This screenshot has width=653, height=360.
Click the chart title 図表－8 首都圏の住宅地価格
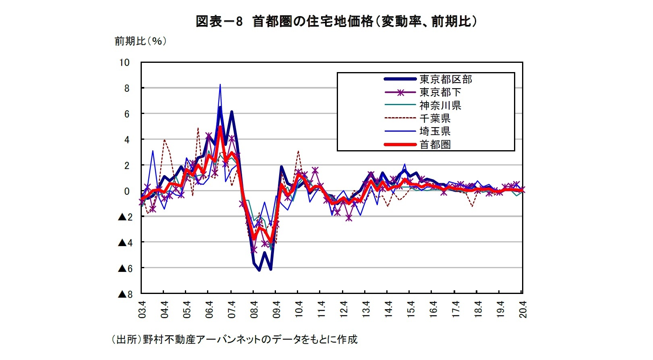[x=336, y=21]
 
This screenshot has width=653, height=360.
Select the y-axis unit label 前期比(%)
[x=140, y=41]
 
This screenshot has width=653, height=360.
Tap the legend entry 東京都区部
[x=446, y=79]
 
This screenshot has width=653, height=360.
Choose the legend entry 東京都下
[x=440, y=92]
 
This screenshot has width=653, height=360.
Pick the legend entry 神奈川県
[x=440, y=106]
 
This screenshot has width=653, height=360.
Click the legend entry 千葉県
[x=435, y=118]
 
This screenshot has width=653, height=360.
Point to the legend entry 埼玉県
[x=435, y=131]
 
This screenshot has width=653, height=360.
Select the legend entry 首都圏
[x=435, y=145]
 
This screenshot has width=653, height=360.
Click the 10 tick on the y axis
[x=124, y=62]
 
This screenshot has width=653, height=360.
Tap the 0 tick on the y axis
[x=126, y=191]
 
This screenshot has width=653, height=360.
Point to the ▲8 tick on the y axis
[x=125, y=294]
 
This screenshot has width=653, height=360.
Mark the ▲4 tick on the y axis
[x=125, y=243]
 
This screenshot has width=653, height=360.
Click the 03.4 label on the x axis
[x=142, y=310]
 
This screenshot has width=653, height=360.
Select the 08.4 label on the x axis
[x=254, y=310]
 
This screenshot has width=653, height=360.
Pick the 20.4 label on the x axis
[x=523, y=310]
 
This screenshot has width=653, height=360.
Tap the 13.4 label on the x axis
[x=366, y=310]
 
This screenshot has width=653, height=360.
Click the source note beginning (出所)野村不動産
[x=234, y=339]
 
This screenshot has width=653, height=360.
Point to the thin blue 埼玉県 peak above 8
[x=220, y=85]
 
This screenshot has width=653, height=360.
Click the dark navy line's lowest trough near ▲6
[x=259, y=270]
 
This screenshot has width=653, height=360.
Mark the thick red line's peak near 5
[x=220, y=127]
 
